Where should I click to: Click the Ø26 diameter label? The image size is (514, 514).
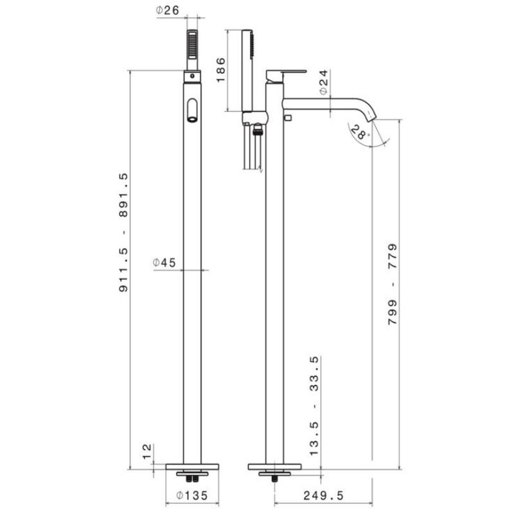167,10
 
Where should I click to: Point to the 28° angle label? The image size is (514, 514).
361,133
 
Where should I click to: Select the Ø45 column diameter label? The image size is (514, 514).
164,262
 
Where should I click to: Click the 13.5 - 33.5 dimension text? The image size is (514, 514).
315,406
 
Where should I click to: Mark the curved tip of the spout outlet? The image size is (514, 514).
371,114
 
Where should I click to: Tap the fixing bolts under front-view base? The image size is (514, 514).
193,478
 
